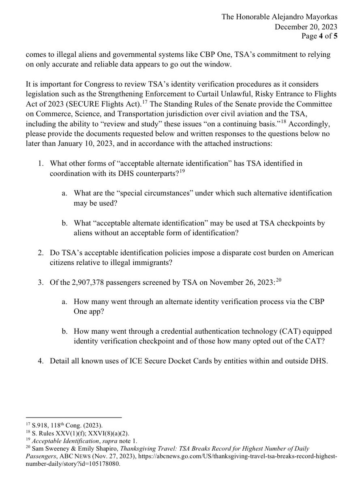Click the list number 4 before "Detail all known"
[x=41, y=360]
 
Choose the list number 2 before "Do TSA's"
[x=41, y=253]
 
